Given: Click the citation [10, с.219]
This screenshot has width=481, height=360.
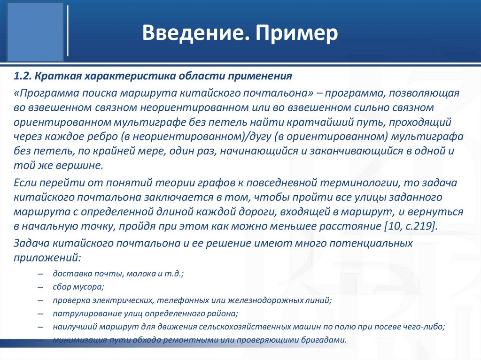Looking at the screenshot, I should pyautogui.click(x=411, y=226).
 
